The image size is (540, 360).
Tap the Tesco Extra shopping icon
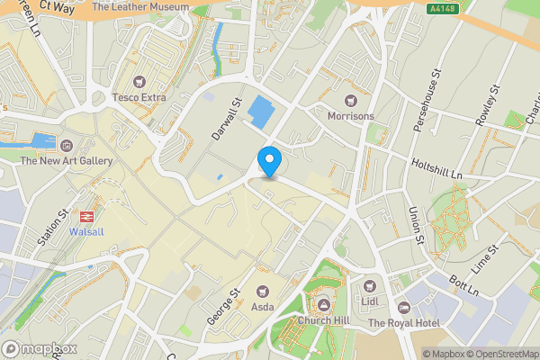139,82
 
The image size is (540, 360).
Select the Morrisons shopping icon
351,100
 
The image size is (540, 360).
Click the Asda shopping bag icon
263,291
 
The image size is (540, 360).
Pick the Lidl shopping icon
370,283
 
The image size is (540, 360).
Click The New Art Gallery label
67,161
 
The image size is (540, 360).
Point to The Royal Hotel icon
403,308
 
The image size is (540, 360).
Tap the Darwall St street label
228,120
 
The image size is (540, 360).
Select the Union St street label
415,225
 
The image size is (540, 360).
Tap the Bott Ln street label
465,283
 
